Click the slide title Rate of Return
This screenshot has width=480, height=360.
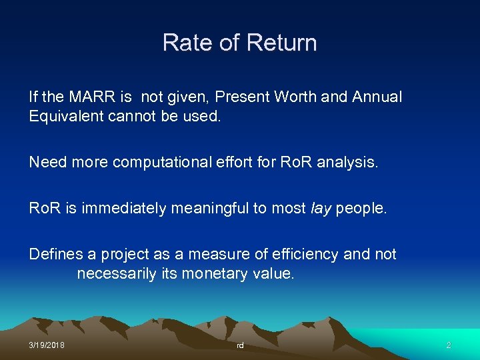coord(239,43)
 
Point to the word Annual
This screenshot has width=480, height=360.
coord(377,97)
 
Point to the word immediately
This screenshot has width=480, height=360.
coord(125,208)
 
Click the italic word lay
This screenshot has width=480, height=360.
coord(321,208)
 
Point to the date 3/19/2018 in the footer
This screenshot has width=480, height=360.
coord(47,345)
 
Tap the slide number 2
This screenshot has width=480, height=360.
coord(448,345)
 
